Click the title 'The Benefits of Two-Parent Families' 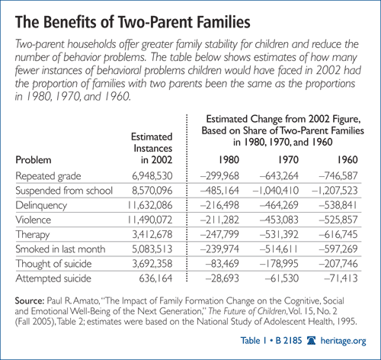coord(133,22)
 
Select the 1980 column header coord(229,160)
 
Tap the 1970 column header coord(288,160)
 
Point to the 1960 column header coord(347,160)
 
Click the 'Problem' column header coord(34,160)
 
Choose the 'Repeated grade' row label coord(48,176)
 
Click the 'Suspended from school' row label coord(64,191)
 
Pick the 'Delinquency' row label coord(41,205)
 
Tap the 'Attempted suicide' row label coord(53,278)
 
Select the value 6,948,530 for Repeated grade coord(152,176)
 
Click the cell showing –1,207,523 coord(335,191)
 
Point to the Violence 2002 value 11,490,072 coord(150,220)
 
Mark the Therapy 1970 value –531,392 coord(279,234)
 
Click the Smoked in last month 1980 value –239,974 coord(219,249)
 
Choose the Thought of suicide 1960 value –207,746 coord(338,264)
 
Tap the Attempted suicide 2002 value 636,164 coord(155,278)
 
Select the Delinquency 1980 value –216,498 coord(219,205)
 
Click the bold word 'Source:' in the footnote coord(30,301)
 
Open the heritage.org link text coord(344,341)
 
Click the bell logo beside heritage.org coord(311,340)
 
